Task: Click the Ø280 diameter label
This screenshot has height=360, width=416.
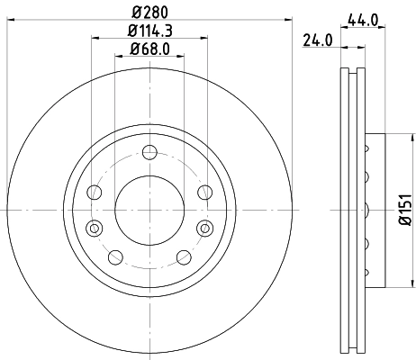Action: coord(150,13)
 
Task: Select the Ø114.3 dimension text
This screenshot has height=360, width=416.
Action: coord(150,32)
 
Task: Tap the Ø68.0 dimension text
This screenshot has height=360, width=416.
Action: coord(150,49)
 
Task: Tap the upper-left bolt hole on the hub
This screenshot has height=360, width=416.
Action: coord(95,191)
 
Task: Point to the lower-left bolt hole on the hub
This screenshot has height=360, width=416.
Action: coord(115,256)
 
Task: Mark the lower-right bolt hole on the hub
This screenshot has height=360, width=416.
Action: coord(185,256)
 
